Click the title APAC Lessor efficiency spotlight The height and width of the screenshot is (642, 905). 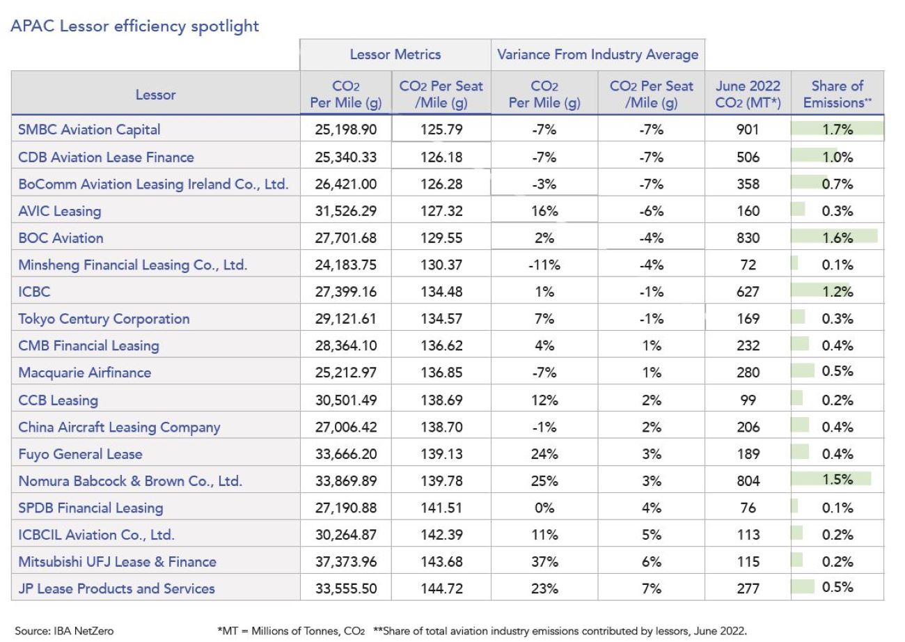click(134, 26)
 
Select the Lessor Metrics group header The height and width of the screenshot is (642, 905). click(395, 54)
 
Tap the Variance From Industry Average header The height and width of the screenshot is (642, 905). click(597, 54)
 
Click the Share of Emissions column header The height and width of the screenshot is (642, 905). click(837, 94)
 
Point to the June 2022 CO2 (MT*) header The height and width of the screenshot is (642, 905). click(748, 94)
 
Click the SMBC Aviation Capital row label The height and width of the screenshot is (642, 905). click(89, 130)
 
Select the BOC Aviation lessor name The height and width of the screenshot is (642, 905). click(61, 238)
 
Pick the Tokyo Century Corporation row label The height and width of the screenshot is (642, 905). click(104, 319)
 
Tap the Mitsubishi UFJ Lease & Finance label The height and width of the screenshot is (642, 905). click(117, 562)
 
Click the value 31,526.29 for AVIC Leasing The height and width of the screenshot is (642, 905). click(346, 211)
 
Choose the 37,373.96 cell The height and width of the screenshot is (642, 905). click(346, 562)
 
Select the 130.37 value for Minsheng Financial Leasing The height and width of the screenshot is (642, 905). click(441, 265)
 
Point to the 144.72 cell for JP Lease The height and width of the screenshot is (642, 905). click(441, 588)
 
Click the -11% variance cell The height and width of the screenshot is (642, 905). click(544, 265)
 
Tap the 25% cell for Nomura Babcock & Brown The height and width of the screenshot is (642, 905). click(544, 480)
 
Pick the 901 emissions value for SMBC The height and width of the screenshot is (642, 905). click(748, 130)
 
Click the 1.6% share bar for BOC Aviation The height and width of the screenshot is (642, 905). click(834, 236)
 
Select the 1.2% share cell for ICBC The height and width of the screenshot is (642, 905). click(837, 292)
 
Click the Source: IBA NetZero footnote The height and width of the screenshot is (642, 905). click(64, 631)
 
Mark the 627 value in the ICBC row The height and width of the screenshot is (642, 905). click(748, 292)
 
